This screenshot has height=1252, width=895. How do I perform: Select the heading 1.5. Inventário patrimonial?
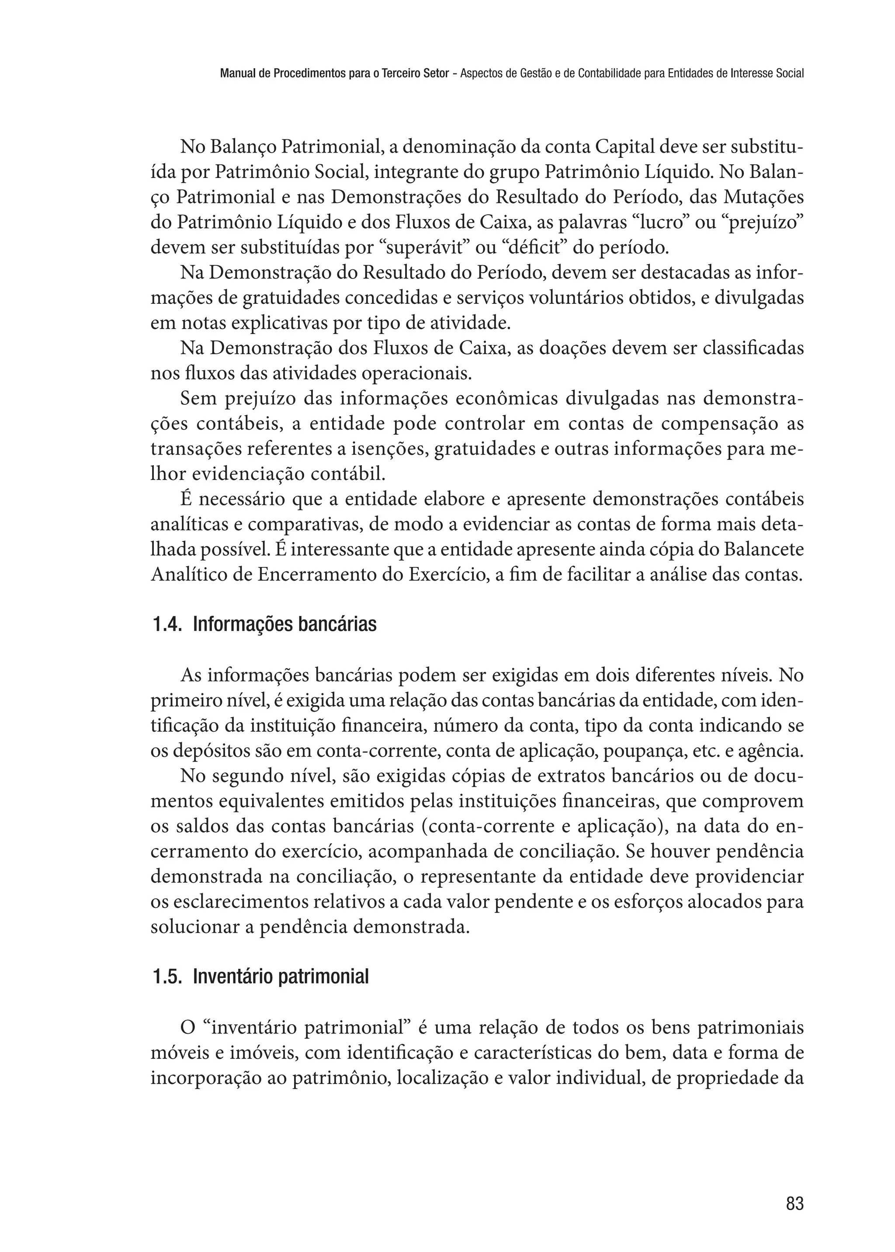tap(260, 977)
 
